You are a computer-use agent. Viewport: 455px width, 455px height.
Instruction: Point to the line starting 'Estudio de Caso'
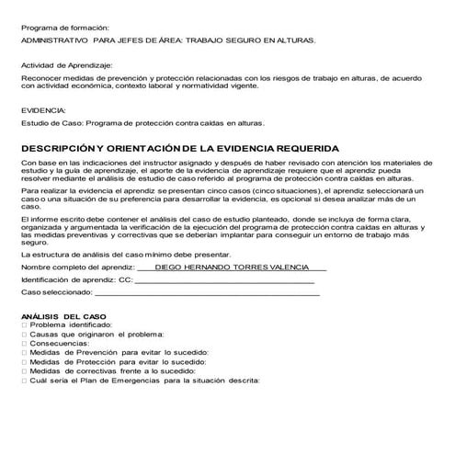(142, 120)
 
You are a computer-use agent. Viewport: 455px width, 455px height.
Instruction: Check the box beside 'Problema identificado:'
(24, 324)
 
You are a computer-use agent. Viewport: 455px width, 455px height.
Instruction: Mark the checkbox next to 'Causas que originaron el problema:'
(24, 334)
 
